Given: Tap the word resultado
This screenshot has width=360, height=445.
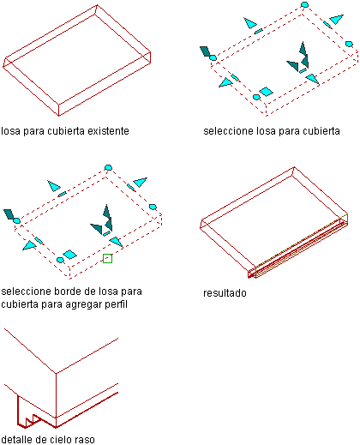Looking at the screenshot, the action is click(225, 293).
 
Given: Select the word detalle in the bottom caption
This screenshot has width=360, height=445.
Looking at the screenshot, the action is click(17, 439).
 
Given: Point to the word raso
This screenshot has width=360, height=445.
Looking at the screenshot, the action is click(84, 440).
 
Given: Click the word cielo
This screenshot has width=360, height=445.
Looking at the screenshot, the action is click(59, 439).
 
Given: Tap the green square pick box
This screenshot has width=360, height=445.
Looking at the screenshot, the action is click(107, 258).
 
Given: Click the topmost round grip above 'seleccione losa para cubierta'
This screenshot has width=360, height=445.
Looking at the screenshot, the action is click(304, 4).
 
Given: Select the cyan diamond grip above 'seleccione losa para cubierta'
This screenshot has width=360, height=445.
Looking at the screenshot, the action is click(266, 92).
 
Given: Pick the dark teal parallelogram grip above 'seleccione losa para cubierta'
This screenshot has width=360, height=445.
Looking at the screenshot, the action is click(205, 51).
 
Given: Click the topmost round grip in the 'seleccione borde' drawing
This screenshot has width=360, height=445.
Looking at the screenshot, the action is click(108, 167).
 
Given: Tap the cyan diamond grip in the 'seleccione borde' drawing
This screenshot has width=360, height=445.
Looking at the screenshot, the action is click(69, 255).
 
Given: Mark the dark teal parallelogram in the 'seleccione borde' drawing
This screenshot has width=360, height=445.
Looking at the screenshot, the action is click(9, 214).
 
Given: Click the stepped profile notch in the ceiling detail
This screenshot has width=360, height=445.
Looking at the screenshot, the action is click(32, 421).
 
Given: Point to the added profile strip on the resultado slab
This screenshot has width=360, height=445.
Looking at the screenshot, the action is click(298, 246).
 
